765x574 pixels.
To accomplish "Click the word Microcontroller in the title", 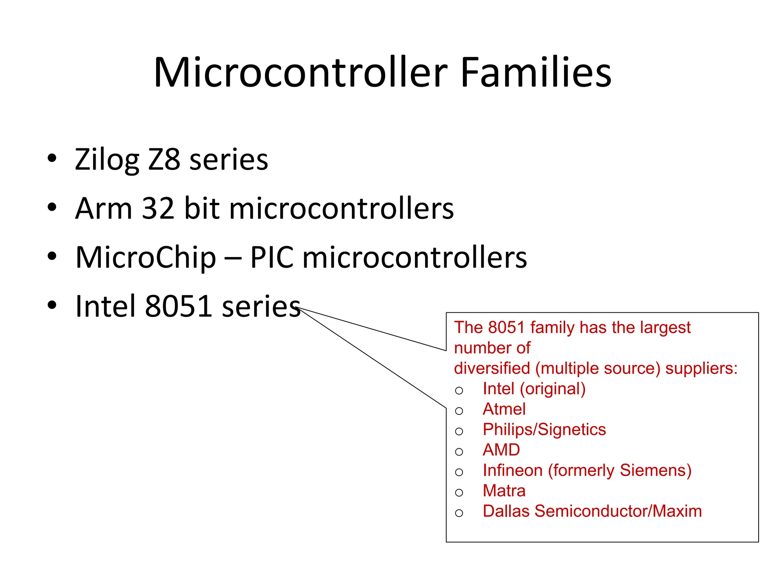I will point(300,72).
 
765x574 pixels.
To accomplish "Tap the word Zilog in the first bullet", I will point(106,160).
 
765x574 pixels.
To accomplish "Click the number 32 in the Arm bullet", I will point(158,208).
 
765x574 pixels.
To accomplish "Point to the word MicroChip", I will point(146,258).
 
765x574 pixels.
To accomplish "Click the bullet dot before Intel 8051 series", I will point(52,305).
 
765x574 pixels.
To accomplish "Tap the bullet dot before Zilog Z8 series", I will point(52,158).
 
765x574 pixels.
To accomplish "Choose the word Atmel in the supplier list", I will point(504,409).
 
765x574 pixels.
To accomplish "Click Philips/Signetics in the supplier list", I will point(544,430).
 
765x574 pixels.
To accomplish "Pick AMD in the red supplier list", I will point(501,450).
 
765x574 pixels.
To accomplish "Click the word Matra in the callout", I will point(504,491).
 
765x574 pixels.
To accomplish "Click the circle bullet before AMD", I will point(459,452).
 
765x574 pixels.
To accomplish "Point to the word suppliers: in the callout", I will point(701,368).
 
